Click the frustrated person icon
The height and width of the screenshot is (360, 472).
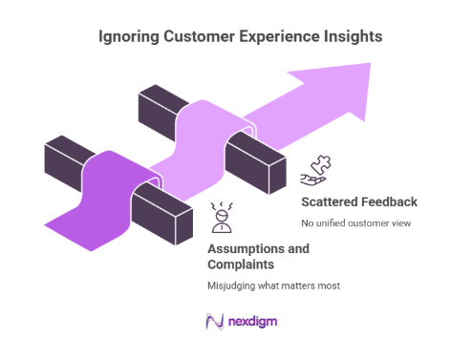tap(221, 218)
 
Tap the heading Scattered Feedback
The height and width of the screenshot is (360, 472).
tap(358, 201)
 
